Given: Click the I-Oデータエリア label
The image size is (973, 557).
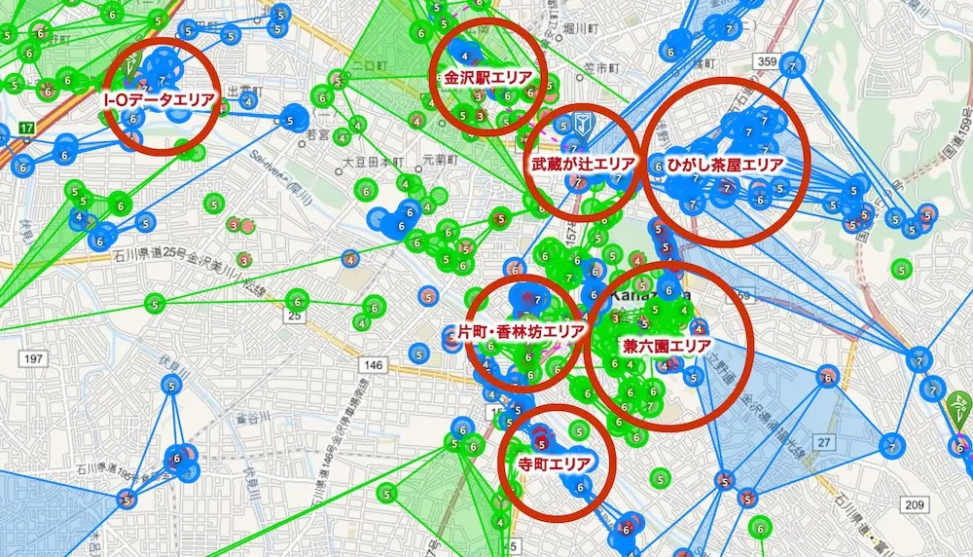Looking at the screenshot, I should point(159,99).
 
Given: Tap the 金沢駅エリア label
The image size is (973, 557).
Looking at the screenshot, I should point(489,77).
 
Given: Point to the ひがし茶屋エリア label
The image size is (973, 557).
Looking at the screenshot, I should point(725,163).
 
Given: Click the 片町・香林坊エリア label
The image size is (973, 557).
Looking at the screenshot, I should point(522,331).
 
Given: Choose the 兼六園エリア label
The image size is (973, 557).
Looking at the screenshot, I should point(667,345).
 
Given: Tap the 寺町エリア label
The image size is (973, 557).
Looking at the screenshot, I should point(554,463).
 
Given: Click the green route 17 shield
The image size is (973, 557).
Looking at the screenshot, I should point(26,128).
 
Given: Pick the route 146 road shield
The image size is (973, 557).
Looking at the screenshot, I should point(375,364).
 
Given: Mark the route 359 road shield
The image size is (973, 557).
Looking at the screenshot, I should point(768,62).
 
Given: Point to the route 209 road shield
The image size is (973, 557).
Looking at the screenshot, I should point(912,503).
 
